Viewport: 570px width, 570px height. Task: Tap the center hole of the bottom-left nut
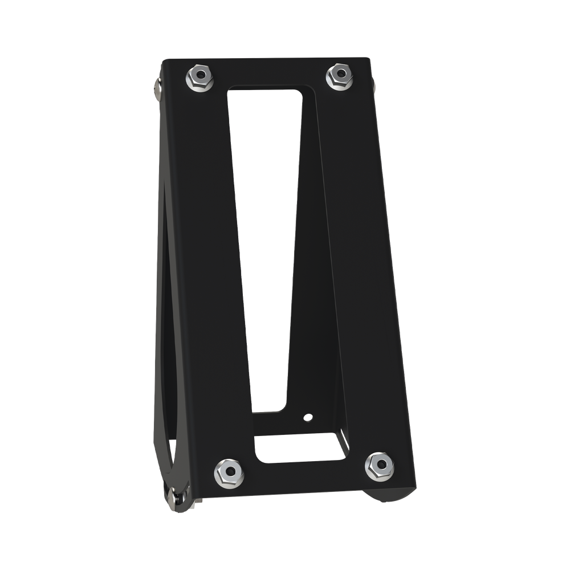pos(228,470)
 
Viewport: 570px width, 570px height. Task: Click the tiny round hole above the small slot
pos(308,417)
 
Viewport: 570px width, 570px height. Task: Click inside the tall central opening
pos(262,228)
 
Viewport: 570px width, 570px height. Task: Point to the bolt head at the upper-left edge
pos(156,85)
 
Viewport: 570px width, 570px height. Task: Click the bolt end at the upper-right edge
pos(374,83)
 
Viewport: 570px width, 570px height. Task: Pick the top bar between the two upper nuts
pos(268,71)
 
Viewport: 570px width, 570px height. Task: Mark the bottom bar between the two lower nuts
pos(302,476)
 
